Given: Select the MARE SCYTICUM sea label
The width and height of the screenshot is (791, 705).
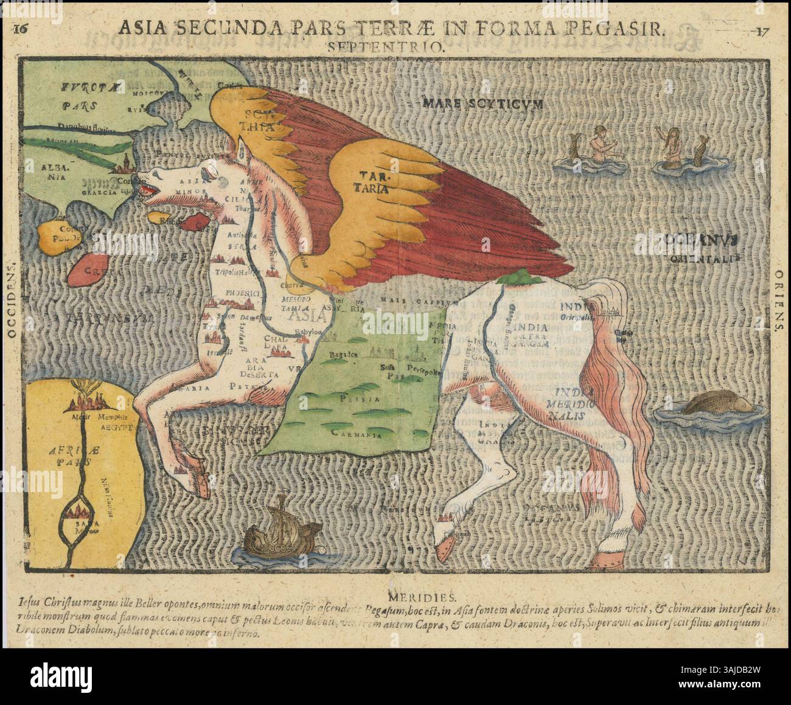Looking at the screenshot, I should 481,103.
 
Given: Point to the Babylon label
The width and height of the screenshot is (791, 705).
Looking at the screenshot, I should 307,332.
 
